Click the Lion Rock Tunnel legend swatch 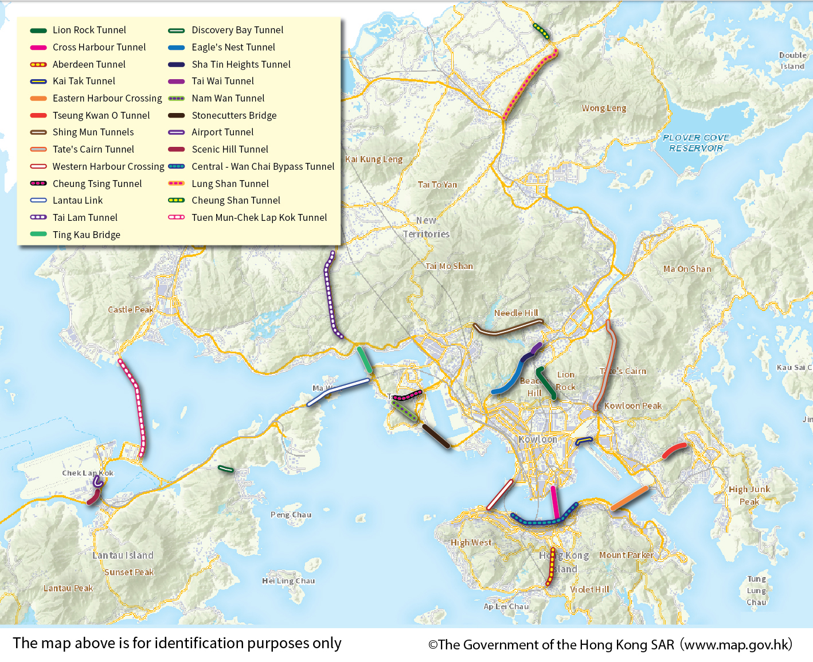coord(38,30)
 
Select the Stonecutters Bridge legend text coord(234,115)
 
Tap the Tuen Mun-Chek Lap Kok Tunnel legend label coord(259,217)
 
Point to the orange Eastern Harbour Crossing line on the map coord(629,499)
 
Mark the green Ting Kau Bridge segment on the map coord(364,360)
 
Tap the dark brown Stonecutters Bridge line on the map coord(436,436)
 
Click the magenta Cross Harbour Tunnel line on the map coord(554,503)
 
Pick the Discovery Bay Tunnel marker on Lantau coord(226,469)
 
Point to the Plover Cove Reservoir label coord(696,143)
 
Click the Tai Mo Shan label coord(449,266)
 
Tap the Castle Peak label coord(131,310)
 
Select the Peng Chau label coord(291,515)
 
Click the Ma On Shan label coord(687,269)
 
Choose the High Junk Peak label coord(749,495)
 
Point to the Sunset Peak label coord(129,572)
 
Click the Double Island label coord(792,61)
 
